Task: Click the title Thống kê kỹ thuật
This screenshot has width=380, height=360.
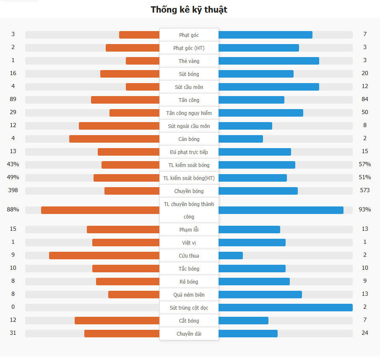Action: pyautogui.click(x=189, y=10)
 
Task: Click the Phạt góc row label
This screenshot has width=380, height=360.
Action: pyautogui.click(x=189, y=35)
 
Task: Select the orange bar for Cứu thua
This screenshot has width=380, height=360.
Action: pyautogui.click(x=104, y=256)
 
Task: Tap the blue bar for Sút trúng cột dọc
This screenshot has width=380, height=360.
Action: pyautogui.click(x=285, y=308)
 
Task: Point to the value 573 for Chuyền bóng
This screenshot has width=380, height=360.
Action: pyautogui.click(x=364, y=190)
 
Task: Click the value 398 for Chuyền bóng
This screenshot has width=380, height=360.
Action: pyautogui.click(x=13, y=190)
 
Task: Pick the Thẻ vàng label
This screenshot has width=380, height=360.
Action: pyautogui.click(x=189, y=61)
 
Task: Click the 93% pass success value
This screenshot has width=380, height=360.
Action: pyautogui.click(x=364, y=209)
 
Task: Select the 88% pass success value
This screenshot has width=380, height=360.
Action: pyautogui.click(x=13, y=209)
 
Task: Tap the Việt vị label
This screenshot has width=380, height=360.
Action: pyautogui.click(x=189, y=243)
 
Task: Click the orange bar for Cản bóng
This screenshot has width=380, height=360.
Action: pyautogui.click(x=114, y=139)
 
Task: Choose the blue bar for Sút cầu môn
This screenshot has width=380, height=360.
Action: pyautogui.click(x=268, y=87)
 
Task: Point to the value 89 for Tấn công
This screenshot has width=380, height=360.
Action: pyautogui.click(x=13, y=99)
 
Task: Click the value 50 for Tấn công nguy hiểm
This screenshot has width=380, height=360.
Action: pyautogui.click(x=364, y=112)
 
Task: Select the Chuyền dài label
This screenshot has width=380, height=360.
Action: pyautogui.click(x=189, y=334)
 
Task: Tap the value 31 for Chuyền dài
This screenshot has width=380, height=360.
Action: pyautogui.click(x=13, y=333)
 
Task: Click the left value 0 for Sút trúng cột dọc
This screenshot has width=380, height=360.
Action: pyautogui.click(x=13, y=307)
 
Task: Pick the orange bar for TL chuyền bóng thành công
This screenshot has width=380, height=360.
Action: pyautogui.click(x=100, y=210)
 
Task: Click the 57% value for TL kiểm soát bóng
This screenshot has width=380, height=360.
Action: pyautogui.click(x=364, y=164)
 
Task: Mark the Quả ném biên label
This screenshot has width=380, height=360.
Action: pyautogui.click(x=189, y=295)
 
